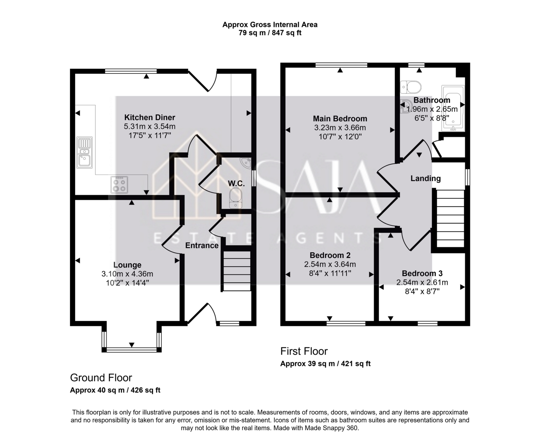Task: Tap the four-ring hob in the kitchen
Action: (x=119, y=185)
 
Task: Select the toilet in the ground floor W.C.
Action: (x=236, y=198)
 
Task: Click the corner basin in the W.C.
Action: (x=246, y=162)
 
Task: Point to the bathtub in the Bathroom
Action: (x=453, y=108)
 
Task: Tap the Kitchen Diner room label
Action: (x=150, y=117)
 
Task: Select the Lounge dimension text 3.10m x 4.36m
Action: (x=127, y=274)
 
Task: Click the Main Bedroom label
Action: (x=340, y=119)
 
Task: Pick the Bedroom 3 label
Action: (x=422, y=273)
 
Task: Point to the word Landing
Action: (x=425, y=178)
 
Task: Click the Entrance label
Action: (x=202, y=245)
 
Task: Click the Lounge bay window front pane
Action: (x=131, y=350)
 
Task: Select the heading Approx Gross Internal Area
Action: (x=270, y=25)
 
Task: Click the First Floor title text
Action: (x=304, y=351)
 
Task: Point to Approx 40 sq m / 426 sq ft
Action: (x=115, y=390)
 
